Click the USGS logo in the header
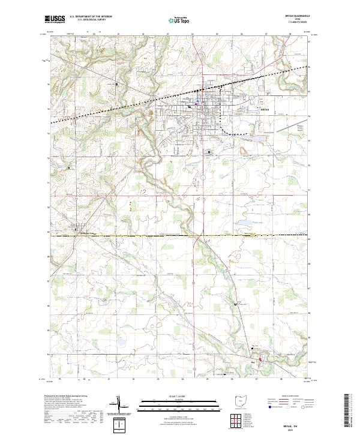pyautogui.click(x=55, y=19)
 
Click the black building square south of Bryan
pyautogui.click(x=209, y=152)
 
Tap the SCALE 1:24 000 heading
pyautogui.click(x=179, y=396)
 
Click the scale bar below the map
pyautogui.click(x=179, y=403)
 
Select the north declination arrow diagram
pyautogui.click(x=123, y=407)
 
